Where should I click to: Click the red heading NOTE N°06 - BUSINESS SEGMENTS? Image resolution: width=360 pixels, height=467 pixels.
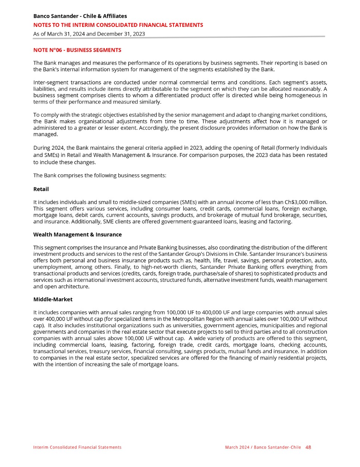pyautogui.click(x=77, y=50)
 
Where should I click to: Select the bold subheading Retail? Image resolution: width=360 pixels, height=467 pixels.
pyautogui.click(x=41, y=189)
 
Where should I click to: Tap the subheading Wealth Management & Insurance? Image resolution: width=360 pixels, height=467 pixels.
pyautogui.click(x=77, y=235)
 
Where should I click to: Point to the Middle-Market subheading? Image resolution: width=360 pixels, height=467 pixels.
pyautogui.click(x=53, y=299)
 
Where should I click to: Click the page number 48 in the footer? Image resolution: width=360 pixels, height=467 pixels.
pyautogui.click(x=308, y=447)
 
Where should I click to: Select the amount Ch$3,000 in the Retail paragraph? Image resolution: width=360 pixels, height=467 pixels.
pyautogui.click(x=296, y=202)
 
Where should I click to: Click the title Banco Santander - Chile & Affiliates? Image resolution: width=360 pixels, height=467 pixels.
pyautogui.click(x=80, y=16)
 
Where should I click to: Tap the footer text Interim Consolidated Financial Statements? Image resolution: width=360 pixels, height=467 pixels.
pyautogui.click(x=77, y=447)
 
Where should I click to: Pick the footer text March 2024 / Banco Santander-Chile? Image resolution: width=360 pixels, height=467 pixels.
pyautogui.click(x=263, y=447)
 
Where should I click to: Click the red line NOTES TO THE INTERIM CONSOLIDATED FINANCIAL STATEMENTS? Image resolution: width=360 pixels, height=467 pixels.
pyautogui.click(x=118, y=25)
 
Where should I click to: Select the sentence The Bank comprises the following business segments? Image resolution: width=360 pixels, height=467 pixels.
pyautogui.click(x=100, y=175)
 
